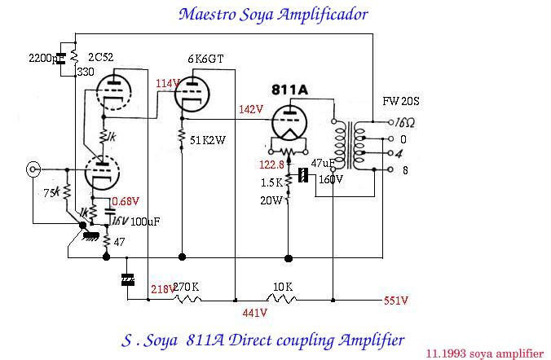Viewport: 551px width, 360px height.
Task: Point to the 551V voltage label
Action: point(396,300)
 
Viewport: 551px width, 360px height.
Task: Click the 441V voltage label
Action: point(255,312)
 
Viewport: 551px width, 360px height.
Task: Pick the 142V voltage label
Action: point(251,109)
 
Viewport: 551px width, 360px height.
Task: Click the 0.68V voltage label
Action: point(126,200)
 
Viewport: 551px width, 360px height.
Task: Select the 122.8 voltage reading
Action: point(272,165)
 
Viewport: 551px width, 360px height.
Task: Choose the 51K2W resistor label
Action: point(207,140)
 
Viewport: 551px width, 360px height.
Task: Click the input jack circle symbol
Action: point(33,170)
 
